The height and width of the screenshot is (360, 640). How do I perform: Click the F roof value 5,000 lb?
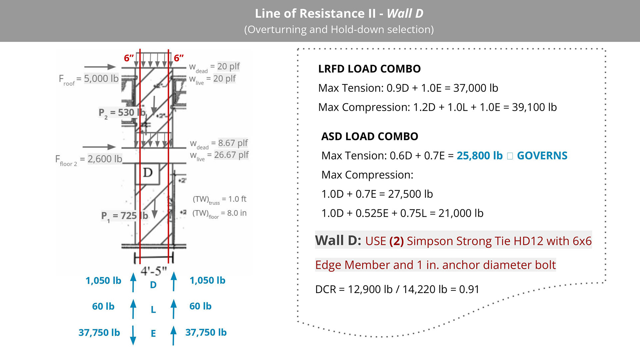pyautogui.click(x=101, y=79)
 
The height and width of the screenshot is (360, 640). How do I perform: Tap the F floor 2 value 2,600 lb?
pyautogui.click(x=105, y=159)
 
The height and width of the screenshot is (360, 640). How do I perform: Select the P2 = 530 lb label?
pyautogui.click(x=122, y=113)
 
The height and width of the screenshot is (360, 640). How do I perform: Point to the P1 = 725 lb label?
pyautogui.click(x=124, y=216)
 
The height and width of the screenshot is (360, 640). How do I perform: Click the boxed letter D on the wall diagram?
pyautogui.click(x=148, y=173)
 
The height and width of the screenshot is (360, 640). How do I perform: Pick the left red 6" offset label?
pyautogui.click(x=129, y=58)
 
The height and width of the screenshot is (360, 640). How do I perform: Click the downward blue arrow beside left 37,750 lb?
pyautogui.click(x=133, y=335)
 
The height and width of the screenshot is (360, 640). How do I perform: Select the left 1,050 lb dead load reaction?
pyautogui.click(x=103, y=281)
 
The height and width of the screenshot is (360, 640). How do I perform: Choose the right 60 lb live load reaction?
pyautogui.click(x=200, y=306)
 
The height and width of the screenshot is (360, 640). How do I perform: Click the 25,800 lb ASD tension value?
pyautogui.click(x=479, y=156)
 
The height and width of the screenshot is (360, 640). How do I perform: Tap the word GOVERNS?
pyautogui.click(x=542, y=156)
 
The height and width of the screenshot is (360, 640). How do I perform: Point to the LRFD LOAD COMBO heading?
pyautogui.click(x=369, y=69)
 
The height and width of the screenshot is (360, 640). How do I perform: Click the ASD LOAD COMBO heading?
pyautogui.click(x=370, y=137)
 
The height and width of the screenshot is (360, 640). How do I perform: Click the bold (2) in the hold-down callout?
pyautogui.click(x=396, y=241)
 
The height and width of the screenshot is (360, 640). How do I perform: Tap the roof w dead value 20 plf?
pyautogui.click(x=228, y=66)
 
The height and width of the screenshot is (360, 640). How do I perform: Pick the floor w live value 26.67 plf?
pyautogui.click(x=231, y=155)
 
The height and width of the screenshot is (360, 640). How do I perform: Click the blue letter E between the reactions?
pyautogui.click(x=153, y=333)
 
